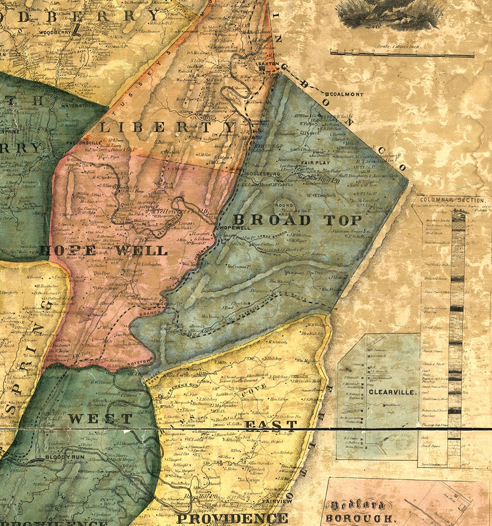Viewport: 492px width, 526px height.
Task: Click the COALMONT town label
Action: point(347,94)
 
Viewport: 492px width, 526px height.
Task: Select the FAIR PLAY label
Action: point(315,164)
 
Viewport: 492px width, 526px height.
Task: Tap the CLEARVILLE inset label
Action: point(385,392)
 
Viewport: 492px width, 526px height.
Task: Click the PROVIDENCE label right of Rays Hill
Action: point(232,518)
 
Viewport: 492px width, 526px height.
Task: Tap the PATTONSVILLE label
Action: point(83,142)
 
